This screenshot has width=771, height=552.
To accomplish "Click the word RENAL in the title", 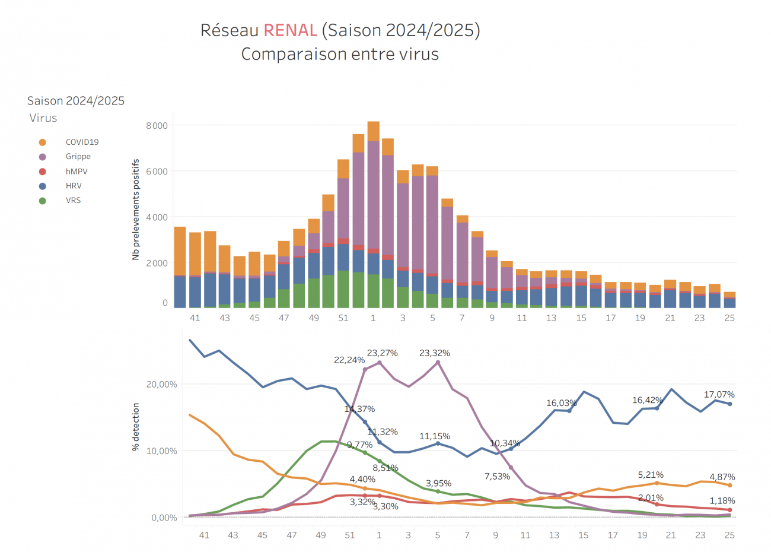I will [290, 30].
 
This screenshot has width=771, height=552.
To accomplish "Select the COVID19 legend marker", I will [43, 142].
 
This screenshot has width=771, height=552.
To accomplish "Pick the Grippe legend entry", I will [78, 157].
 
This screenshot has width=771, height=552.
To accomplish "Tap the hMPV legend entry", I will [77, 172].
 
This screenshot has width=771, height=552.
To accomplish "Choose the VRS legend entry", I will [73, 201].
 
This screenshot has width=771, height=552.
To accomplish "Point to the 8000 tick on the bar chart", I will [157, 126].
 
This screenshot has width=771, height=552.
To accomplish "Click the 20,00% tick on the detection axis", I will [161, 385].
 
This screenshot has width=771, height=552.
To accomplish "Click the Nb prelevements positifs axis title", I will [136, 209].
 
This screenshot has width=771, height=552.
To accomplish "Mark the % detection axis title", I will [136, 427].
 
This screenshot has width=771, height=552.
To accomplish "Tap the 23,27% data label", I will [382, 353].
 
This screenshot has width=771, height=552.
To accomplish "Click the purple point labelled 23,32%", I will [438, 362].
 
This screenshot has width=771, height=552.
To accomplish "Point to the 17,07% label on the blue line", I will [719, 395].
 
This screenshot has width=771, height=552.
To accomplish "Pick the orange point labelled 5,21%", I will [657, 483].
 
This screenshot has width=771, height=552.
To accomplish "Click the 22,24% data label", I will [349, 360].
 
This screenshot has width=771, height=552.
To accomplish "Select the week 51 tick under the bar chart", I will [343, 318].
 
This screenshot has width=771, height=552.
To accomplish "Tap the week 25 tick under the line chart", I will [729, 535].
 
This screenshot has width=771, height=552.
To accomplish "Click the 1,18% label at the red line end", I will [722, 501].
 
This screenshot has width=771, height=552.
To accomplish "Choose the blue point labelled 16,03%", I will [569, 411].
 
